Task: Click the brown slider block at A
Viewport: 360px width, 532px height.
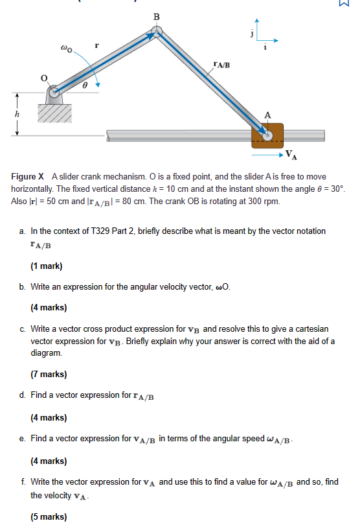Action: pos(267,135)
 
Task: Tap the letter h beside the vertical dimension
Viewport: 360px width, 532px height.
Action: pos(8,113)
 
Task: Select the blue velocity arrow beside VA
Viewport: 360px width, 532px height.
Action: pos(265,155)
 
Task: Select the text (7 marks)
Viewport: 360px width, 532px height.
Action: pos(49,374)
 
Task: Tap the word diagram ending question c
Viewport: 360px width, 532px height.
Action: pos(46,353)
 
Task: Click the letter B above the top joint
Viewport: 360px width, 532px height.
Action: pos(155,16)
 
